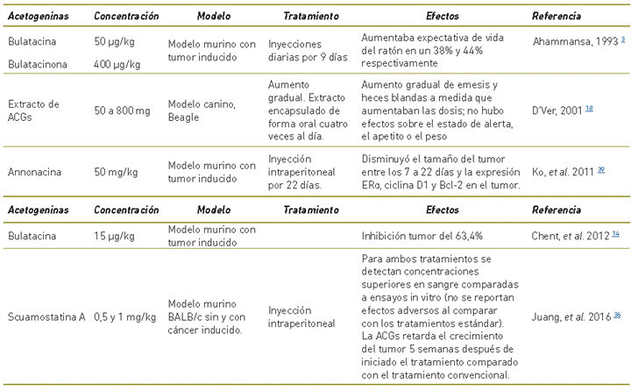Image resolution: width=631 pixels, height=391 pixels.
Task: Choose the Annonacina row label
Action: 34,165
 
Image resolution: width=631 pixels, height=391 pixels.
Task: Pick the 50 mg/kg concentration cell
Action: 116,165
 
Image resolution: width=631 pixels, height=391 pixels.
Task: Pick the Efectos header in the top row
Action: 442,17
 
